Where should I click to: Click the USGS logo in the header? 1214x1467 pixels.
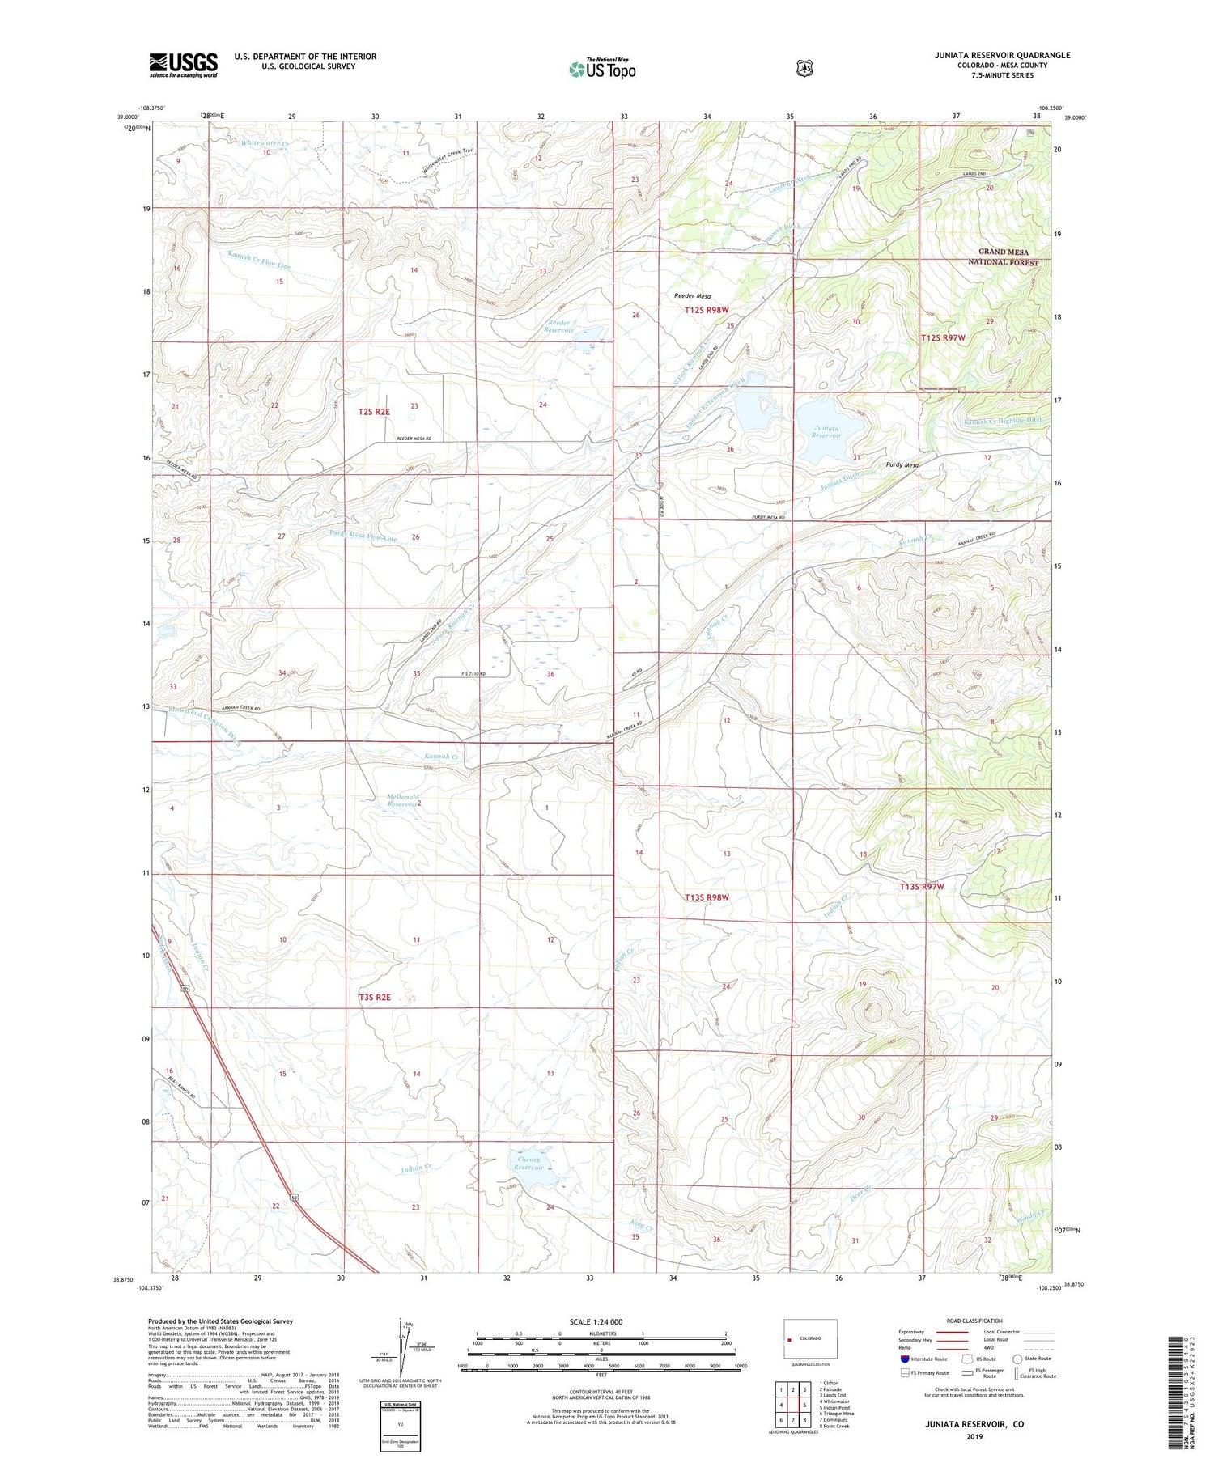pyautogui.click(x=183, y=65)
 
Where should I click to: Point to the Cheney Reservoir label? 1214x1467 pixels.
pyautogui.click(x=528, y=1163)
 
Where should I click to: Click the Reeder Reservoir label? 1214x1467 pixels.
pyautogui.click(x=558, y=326)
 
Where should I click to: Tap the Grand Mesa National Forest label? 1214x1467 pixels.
pyautogui.click(x=1004, y=257)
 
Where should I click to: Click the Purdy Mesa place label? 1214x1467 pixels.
pyautogui.click(x=902, y=465)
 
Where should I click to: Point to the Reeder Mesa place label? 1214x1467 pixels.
pyautogui.click(x=692, y=296)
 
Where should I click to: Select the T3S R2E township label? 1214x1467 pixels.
pyautogui.click(x=374, y=997)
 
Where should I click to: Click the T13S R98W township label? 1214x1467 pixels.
pyautogui.click(x=707, y=897)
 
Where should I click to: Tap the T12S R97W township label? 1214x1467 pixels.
pyautogui.click(x=943, y=337)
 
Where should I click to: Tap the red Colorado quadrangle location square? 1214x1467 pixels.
pyautogui.click(x=788, y=1339)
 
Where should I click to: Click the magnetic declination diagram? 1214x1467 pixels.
pyautogui.click(x=402, y=1351)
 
